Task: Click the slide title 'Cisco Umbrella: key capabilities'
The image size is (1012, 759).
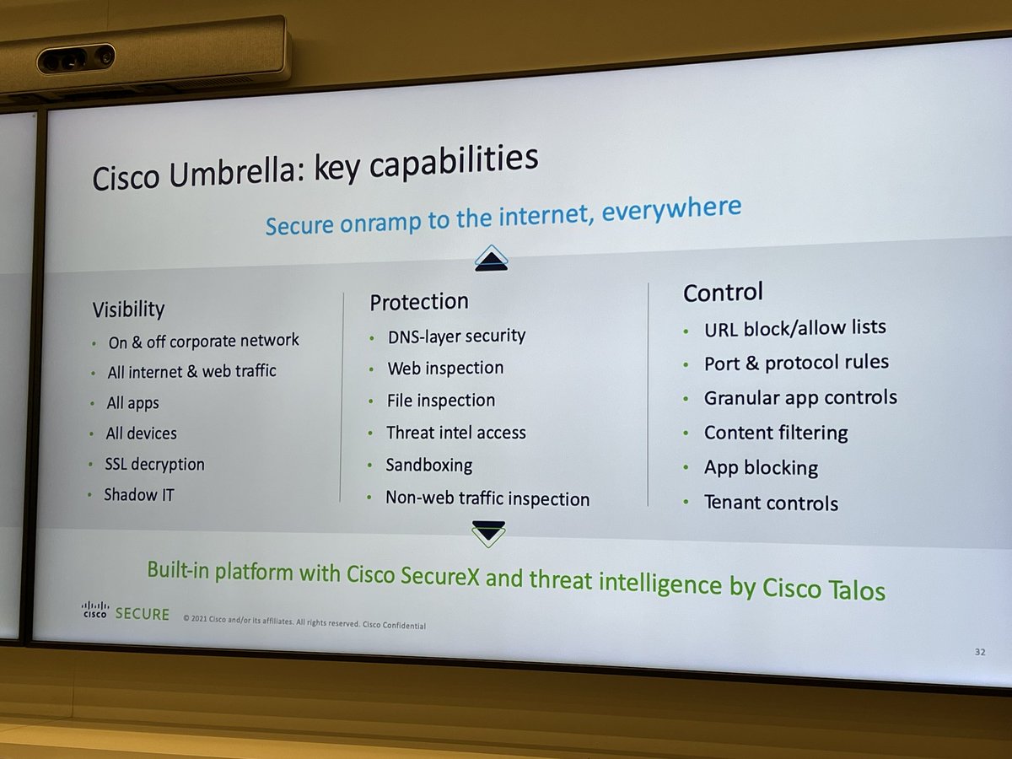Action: (x=315, y=168)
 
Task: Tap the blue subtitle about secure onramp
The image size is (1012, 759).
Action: (x=503, y=216)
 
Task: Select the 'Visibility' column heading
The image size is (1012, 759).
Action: (x=128, y=310)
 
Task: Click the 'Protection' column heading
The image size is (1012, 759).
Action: (x=419, y=302)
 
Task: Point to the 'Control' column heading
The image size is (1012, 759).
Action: (x=723, y=293)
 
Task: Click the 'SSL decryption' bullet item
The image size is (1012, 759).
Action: (x=154, y=465)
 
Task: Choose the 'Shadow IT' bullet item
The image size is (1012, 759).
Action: (x=139, y=495)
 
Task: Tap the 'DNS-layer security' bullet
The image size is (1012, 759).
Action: (x=456, y=336)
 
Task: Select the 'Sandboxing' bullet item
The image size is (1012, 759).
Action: (x=428, y=466)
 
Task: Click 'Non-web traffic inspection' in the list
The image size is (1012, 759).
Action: (x=487, y=498)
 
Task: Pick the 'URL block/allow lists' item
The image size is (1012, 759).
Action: (x=795, y=328)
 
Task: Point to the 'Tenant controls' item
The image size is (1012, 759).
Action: (x=771, y=503)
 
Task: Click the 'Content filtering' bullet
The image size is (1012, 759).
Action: (x=776, y=433)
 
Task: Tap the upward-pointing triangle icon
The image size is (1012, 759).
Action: (x=491, y=259)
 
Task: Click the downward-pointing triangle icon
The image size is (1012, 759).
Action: (x=488, y=531)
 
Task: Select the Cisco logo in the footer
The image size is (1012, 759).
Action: (x=94, y=609)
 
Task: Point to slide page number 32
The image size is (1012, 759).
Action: (x=980, y=652)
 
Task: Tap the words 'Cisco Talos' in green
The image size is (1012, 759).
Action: (x=824, y=588)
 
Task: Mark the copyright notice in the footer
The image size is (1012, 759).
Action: (x=304, y=625)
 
